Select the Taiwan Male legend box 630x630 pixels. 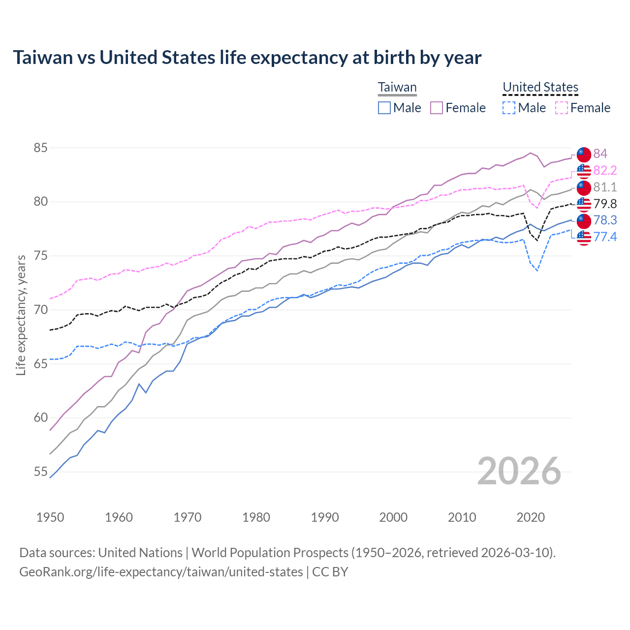pos(384,108)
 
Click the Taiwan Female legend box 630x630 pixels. pos(437,108)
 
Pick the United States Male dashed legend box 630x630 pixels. pos(509,108)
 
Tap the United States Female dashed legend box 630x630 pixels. pos(562,108)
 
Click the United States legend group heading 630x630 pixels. pos(540,87)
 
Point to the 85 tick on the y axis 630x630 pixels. pos(40,148)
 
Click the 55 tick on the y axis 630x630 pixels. pos(40,472)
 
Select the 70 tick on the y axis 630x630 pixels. pos(40,310)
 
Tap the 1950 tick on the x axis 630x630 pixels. pos(50,517)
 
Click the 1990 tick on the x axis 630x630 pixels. pos(325,517)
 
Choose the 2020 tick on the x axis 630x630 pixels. pos(531,517)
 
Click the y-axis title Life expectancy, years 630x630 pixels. pos(21,315)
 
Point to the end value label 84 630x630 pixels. pos(600,154)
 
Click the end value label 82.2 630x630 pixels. pos(605,170)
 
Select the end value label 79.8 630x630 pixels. pos(605,204)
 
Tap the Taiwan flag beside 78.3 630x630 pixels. pos(584,220)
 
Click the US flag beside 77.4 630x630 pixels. pos(584,237)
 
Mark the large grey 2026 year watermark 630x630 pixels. pos(519,471)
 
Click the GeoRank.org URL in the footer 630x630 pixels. pos(161,572)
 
